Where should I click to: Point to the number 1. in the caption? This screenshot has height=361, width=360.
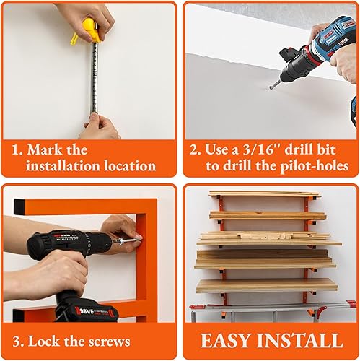coord(19,149)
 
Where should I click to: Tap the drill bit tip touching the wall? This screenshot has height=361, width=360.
coord(272,87)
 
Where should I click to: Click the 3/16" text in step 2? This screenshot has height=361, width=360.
coord(253,149)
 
